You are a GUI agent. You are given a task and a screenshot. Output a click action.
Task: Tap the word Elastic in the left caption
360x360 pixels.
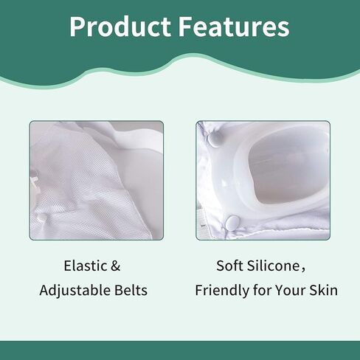coord(85,266)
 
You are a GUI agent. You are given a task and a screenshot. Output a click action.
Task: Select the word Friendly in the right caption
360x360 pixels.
coord(222,290)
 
